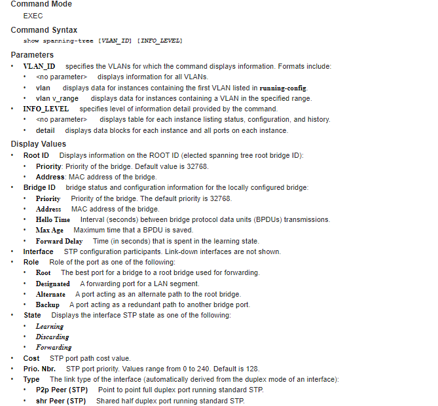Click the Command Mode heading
[x=41, y=4]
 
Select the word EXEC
[x=33, y=16]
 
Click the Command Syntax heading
[x=44, y=30]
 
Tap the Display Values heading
[x=39, y=144]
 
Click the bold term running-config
[x=283, y=88]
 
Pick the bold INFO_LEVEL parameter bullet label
[x=46, y=109]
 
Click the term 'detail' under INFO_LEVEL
[x=45, y=130]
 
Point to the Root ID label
[x=36, y=155]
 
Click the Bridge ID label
[x=39, y=187]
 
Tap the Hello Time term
[x=53, y=220]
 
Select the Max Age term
[x=50, y=231]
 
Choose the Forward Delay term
[x=59, y=241]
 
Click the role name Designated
[x=53, y=284]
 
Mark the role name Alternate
[x=50, y=294]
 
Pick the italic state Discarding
[x=52, y=337]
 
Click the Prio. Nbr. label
[x=39, y=369]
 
